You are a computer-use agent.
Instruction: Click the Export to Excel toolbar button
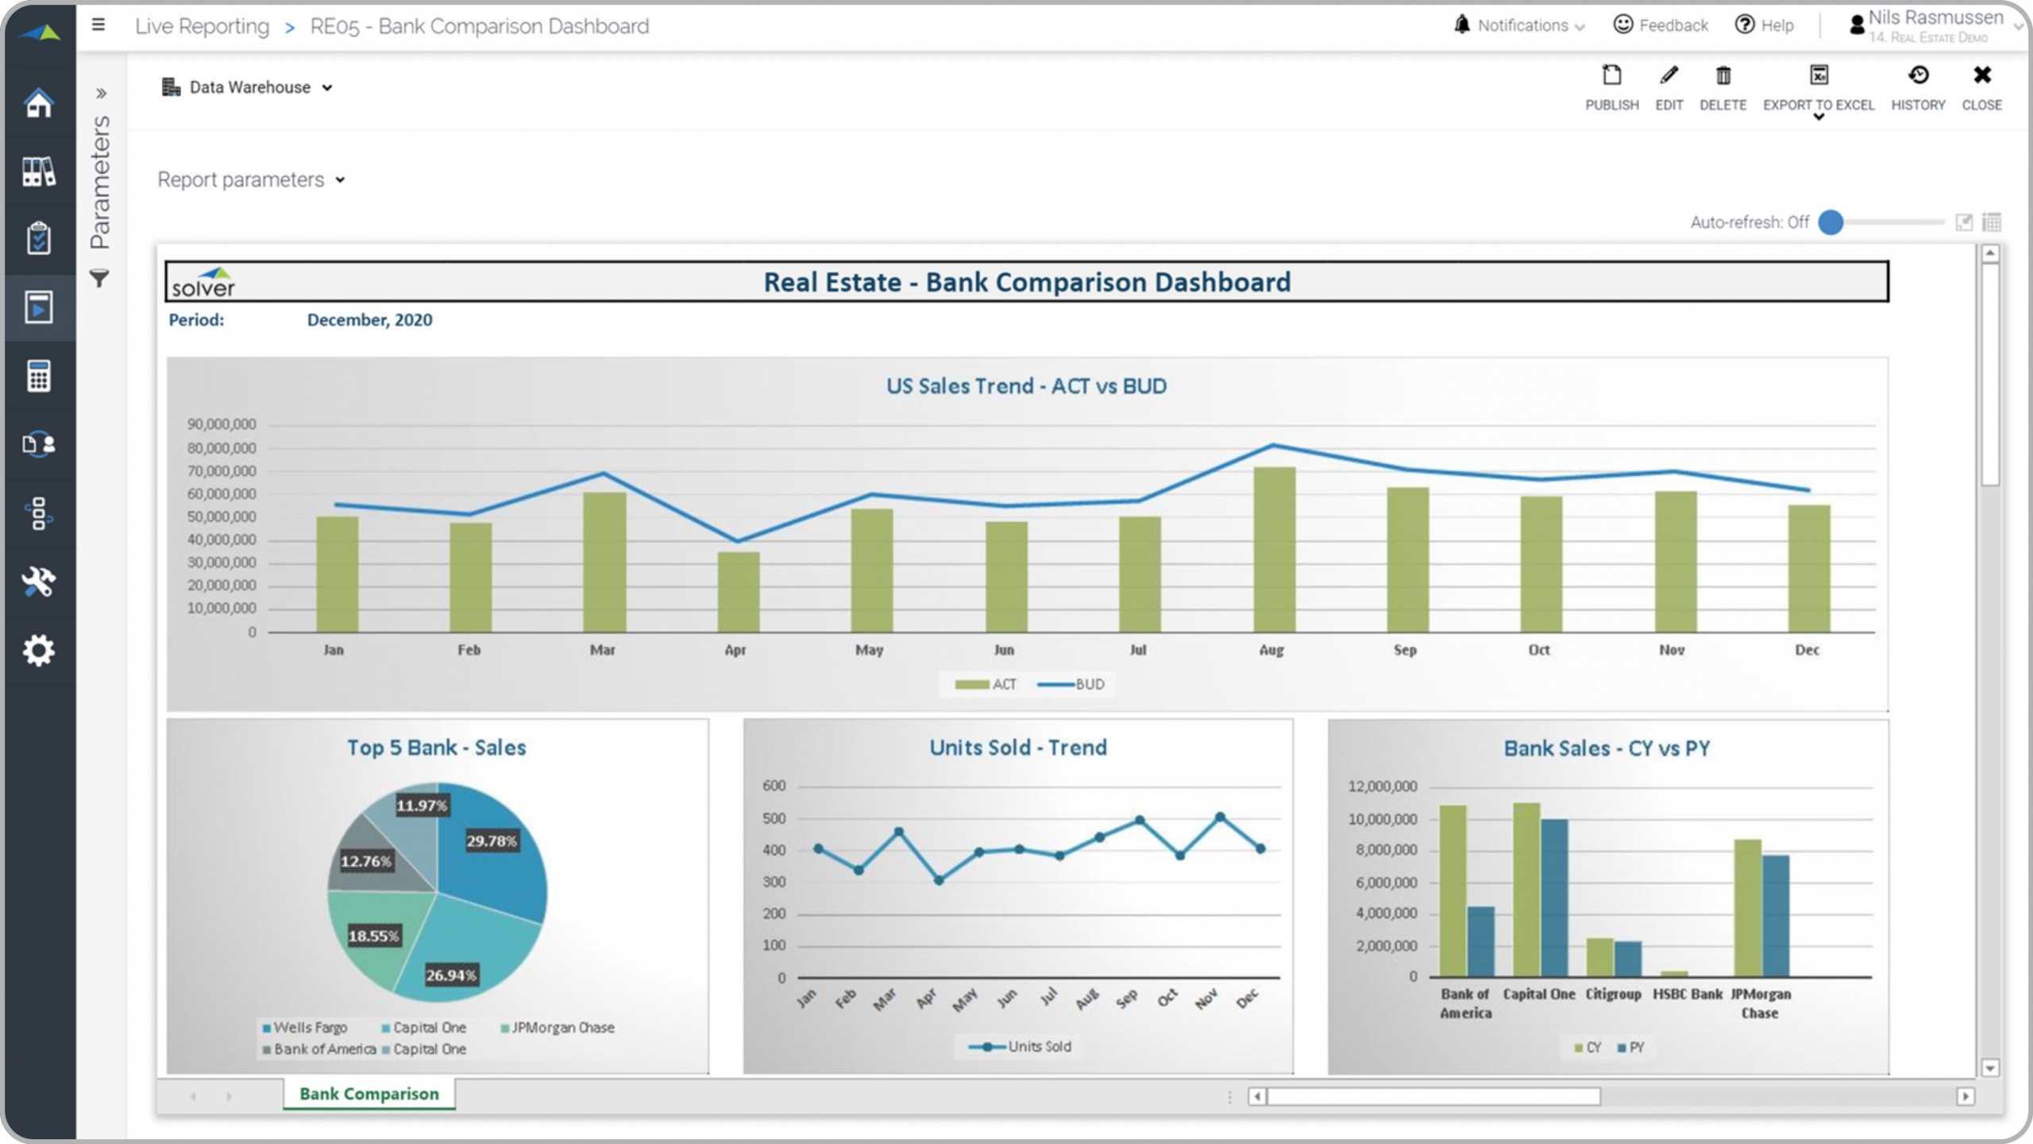[1818, 87]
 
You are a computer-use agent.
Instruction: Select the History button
[1918, 87]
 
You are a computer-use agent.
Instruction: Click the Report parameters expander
[251, 180]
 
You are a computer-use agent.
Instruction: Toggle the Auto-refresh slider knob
[1830, 222]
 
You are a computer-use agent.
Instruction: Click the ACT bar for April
[739, 592]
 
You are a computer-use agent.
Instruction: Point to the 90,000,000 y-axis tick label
[222, 424]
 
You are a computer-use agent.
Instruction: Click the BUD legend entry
[1071, 685]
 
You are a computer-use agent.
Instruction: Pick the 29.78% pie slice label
[491, 841]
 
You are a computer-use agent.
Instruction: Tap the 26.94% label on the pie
[450, 976]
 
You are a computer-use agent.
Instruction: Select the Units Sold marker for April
[939, 880]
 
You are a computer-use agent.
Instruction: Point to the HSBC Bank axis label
[1688, 995]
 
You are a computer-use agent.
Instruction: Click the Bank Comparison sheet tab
[369, 1094]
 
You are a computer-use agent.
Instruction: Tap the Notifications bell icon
[1461, 25]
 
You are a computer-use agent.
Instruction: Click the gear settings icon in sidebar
[38, 651]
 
